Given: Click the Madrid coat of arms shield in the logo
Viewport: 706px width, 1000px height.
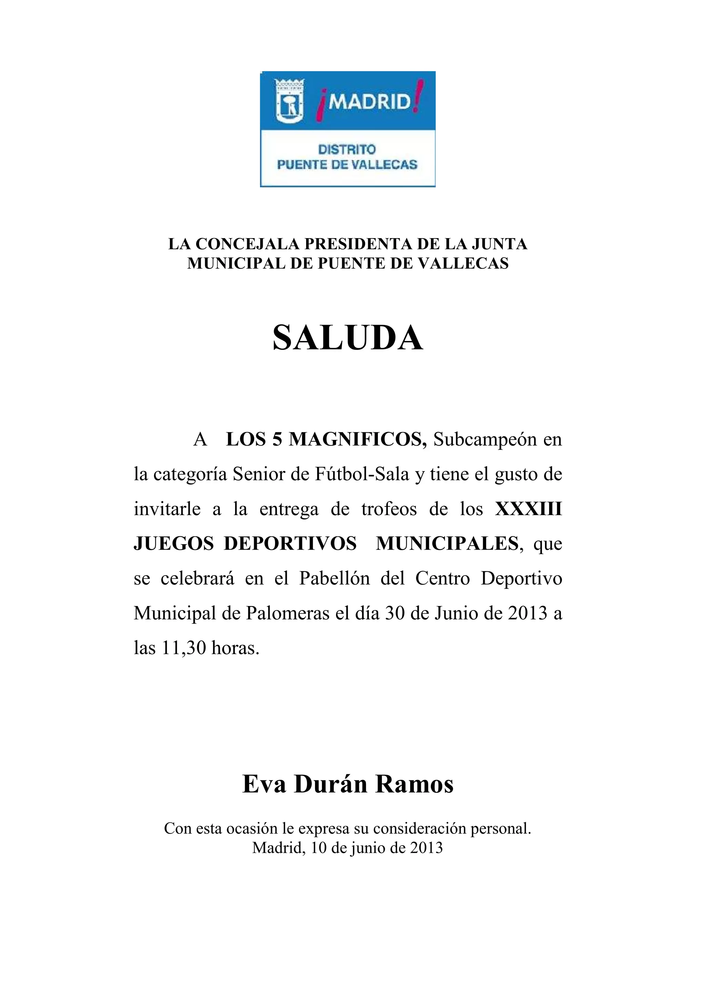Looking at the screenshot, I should click(x=289, y=101).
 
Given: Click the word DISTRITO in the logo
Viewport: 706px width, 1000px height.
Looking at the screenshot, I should click(x=347, y=149).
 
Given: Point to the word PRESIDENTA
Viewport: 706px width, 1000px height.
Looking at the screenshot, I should click(x=359, y=244).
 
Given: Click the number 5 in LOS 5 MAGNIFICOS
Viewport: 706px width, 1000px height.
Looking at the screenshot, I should click(x=277, y=440).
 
